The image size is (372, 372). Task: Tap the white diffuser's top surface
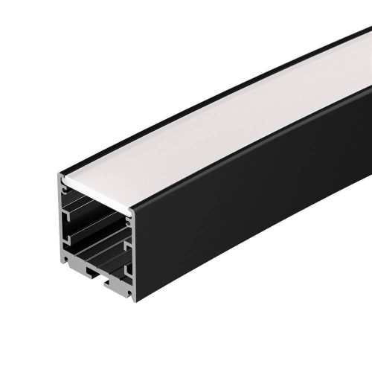(x=223, y=126)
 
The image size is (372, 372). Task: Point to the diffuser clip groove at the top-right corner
(x=131, y=216)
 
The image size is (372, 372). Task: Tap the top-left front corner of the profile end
(x=60, y=175)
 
